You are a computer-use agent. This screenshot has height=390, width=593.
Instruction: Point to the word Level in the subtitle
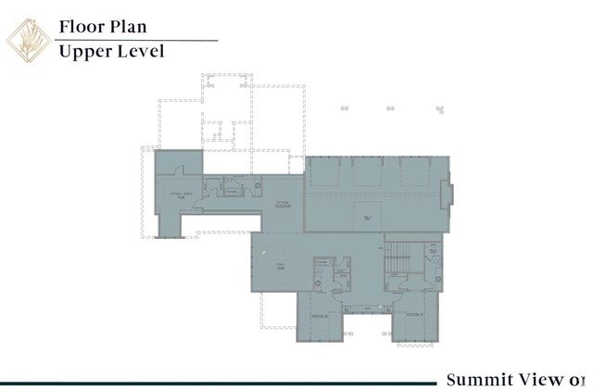point(140,51)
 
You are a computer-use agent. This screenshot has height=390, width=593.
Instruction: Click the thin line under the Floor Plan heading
point(138,40)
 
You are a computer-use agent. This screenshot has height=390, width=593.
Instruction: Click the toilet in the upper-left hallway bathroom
point(257,186)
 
